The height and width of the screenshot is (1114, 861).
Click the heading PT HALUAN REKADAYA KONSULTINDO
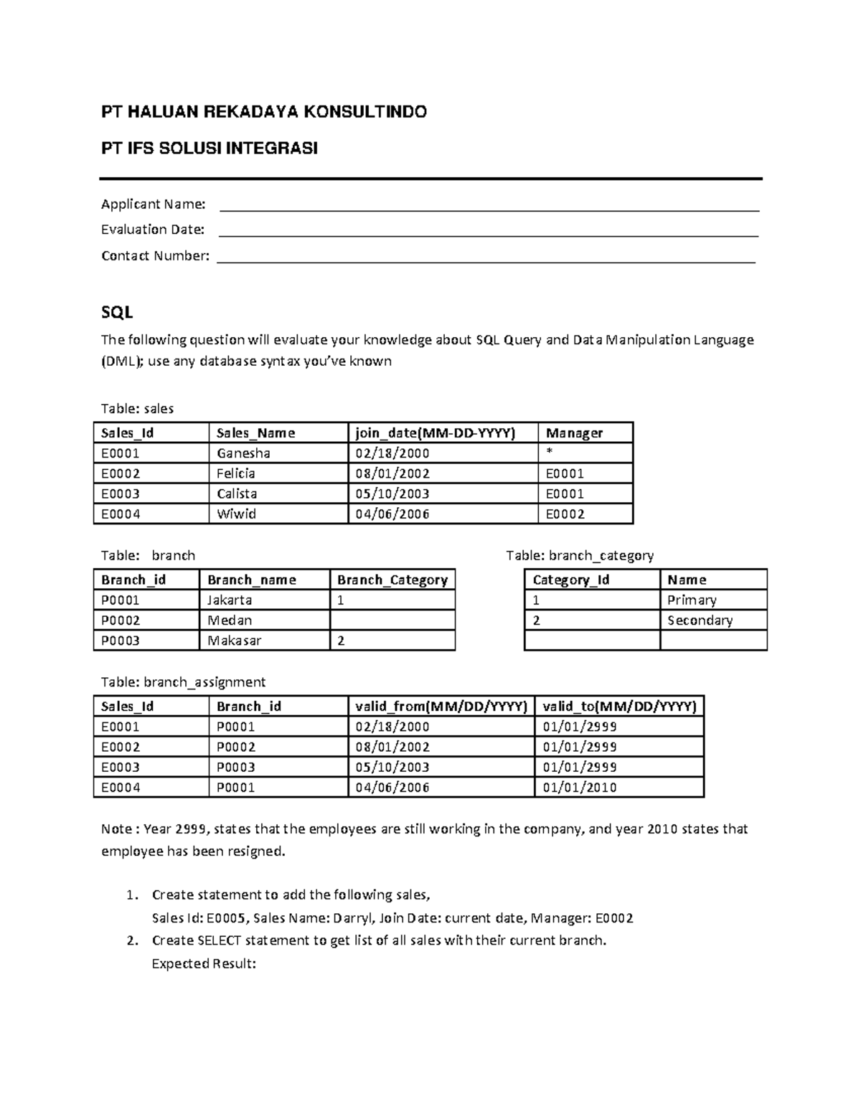(263, 112)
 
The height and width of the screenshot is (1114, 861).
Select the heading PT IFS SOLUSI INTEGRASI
(209, 148)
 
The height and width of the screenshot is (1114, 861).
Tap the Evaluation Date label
(152, 230)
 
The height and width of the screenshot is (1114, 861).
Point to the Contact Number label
(155, 255)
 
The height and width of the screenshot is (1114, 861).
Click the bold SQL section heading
(116, 313)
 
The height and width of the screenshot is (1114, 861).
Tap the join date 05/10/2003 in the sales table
(392, 494)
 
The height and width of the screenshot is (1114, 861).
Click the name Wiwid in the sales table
(236, 514)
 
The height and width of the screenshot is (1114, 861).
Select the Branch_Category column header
(392, 580)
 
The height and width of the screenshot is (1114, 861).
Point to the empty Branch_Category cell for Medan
(392, 620)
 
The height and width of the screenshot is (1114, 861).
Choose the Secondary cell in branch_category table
(700, 620)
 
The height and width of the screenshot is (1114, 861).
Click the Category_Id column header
(570, 580)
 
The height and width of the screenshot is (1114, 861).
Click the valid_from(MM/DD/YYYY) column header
(441, 706)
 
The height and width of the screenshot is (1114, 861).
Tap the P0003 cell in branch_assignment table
(235, 767)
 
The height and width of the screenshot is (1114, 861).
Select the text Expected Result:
(204, 963)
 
